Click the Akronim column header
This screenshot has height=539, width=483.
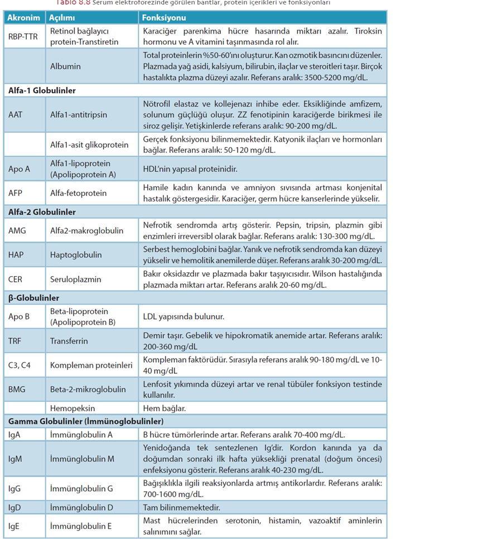(24, 18)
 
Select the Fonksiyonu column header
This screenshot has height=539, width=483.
(164, 18)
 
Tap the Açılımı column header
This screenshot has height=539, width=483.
(62, 18)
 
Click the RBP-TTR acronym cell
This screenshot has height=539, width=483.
(24, 36)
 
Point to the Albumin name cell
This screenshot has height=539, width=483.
(65, 66)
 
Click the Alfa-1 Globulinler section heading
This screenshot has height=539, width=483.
(42, 90)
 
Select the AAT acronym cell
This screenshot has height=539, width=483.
(16, 114)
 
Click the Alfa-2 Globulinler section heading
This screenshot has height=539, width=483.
(42, 212)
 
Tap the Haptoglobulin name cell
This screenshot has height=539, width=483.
(76, 254)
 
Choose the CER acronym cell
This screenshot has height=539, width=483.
(16, 279)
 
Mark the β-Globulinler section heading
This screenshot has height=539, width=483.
(34, 298)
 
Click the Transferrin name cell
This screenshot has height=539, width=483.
(69, 340)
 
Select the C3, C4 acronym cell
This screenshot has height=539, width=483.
(21, 365)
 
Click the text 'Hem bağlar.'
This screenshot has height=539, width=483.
(165, 408)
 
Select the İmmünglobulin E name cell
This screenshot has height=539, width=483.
(81, 526)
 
